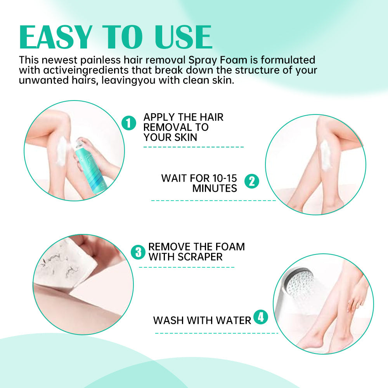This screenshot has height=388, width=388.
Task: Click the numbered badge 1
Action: click(129, 123)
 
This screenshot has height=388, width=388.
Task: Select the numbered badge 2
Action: click(251, 181)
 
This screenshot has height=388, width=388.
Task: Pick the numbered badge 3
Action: click(139, 252)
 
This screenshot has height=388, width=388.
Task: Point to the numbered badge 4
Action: click(261, 317)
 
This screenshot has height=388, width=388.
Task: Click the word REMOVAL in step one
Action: click(166, 127)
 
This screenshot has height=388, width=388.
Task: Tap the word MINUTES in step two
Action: click(215, 189)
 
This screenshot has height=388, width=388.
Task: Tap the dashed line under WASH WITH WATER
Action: click(217, 333)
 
